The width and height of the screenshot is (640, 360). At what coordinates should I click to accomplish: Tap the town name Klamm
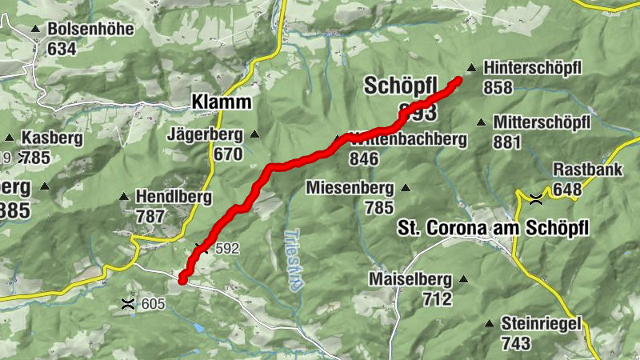point(221,102)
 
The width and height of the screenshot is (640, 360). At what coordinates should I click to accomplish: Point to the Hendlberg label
point(173,195)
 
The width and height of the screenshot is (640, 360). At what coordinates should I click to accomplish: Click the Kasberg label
point(52,138)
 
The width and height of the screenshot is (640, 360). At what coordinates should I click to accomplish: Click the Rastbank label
point(586,170)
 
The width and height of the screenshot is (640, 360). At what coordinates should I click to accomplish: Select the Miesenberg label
point(350,188)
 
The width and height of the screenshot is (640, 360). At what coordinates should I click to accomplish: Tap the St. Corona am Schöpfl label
point(493,229)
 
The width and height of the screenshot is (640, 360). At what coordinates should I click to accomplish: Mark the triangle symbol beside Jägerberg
point(255,134)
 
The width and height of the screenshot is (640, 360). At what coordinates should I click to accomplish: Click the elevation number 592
point(227,248)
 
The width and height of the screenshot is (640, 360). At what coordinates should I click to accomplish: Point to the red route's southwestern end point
point(182,279)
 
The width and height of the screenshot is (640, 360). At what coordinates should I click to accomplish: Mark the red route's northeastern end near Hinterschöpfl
point(459,79)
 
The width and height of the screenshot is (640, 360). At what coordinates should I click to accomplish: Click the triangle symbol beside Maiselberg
point(462,279)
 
